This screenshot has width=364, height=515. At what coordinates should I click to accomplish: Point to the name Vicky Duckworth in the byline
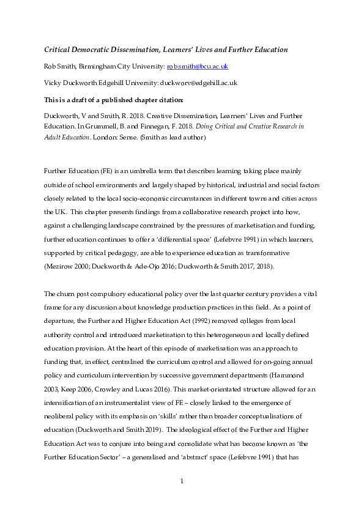[x=68, y=82]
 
